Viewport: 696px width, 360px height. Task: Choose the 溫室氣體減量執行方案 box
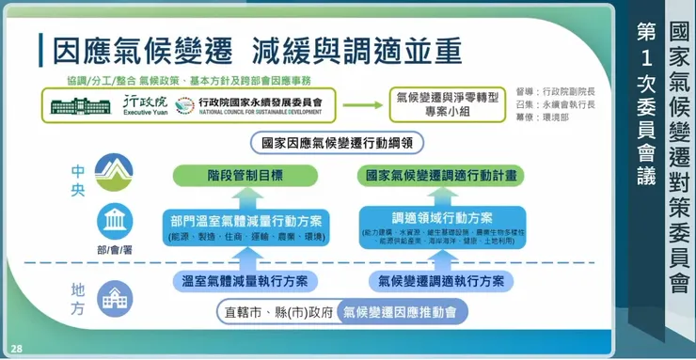pos(245,280)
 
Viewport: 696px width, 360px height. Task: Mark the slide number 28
pos(17,348)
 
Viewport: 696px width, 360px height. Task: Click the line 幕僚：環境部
pos(549,120)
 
